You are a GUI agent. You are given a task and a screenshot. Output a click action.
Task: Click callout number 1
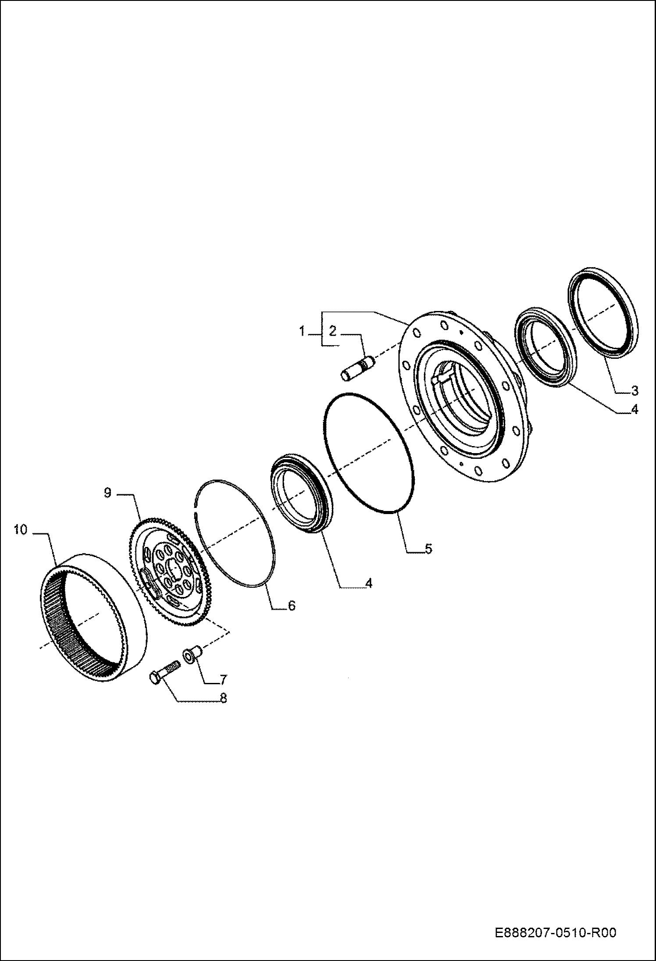pyautogui.click(x=302, y=332)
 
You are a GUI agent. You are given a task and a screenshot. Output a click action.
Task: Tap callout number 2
pyautogui.click(x=332, y=332)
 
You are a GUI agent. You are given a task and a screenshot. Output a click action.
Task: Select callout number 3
pyautogui.click(x=635, y=390)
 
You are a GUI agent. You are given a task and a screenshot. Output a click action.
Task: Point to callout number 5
pyautogui.click(x=428, y=549)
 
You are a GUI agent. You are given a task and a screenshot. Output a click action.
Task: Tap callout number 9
pyautogui.click(x=108, y=493)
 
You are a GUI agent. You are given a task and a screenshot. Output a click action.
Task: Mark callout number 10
pyautogui.click(x=20, y=530)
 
